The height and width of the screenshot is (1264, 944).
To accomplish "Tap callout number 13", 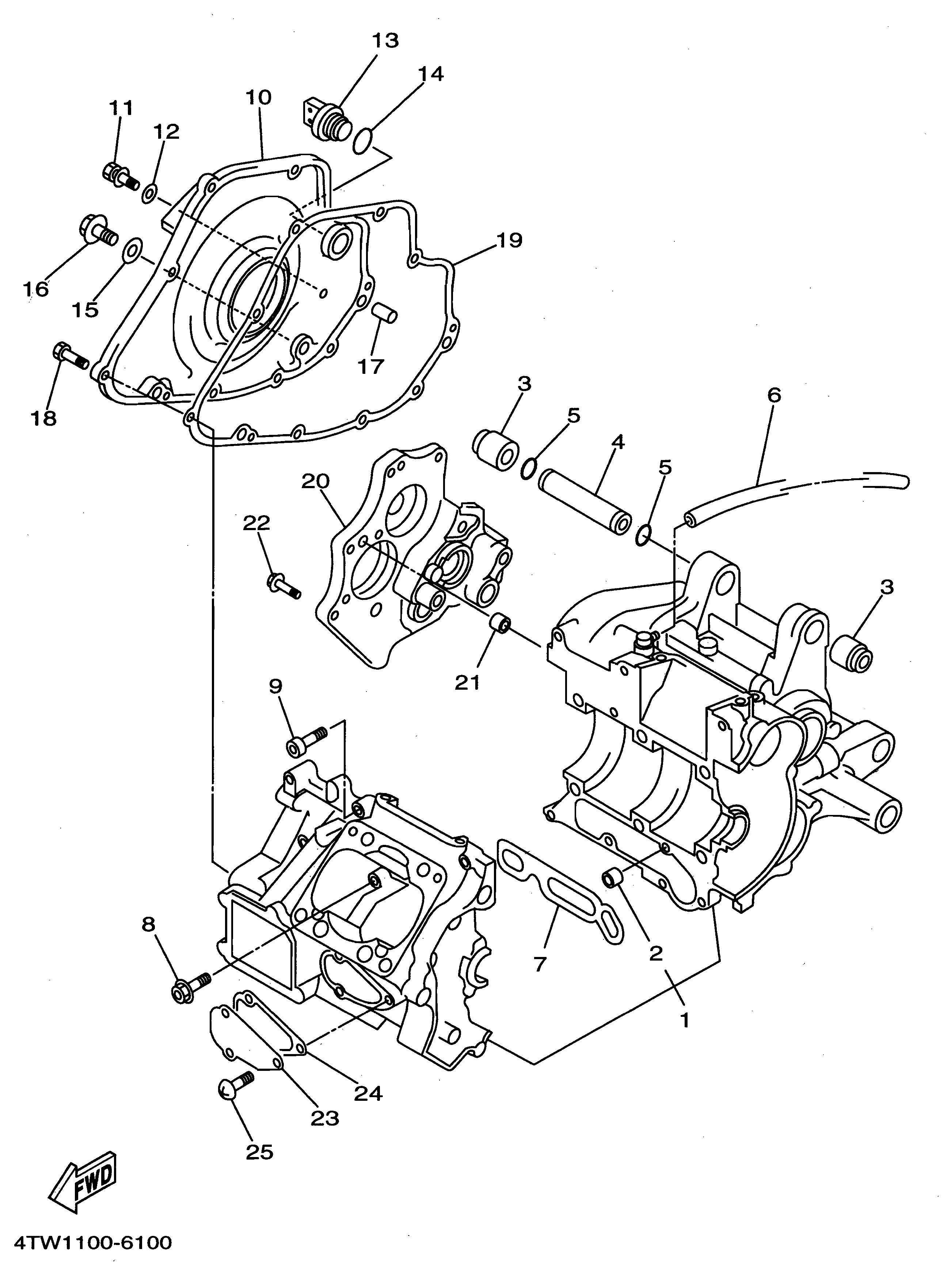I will [x=385, y=41].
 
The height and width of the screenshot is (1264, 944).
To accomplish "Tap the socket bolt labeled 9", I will [x=306, y=740].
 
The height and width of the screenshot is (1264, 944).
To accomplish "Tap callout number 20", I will [x=315, y=482].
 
